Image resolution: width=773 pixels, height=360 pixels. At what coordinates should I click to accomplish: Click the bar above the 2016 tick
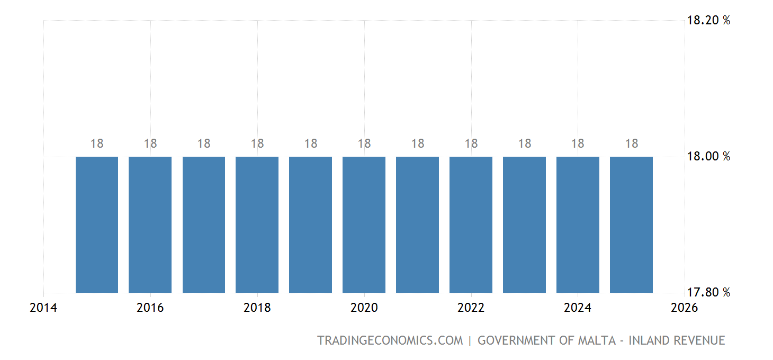[x=150, y=224]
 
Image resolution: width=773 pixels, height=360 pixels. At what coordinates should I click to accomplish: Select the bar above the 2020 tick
[x=364, y=224]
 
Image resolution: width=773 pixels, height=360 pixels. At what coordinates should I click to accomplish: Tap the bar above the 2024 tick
[x=578, y=224]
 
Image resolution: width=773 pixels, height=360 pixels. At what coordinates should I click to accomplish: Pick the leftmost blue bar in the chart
[x=97, y=224]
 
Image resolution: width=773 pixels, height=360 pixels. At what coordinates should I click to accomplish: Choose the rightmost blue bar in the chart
[x=631, y=224]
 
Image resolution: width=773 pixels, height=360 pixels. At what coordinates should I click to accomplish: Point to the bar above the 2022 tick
[x=471, y=224]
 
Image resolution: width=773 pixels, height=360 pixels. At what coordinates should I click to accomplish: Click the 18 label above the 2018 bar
[x=257, y=143]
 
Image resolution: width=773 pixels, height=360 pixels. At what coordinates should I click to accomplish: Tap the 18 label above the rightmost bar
[x=631, y=143]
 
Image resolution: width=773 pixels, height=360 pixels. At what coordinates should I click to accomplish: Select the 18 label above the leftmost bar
[x=97, y=143]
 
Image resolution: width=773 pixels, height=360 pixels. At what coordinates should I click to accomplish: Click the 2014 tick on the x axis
[x=43, y=308]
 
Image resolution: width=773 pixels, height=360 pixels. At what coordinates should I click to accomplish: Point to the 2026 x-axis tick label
[x=684, y=308]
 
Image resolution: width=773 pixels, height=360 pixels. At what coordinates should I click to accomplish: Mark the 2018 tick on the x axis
[x=257, y=308]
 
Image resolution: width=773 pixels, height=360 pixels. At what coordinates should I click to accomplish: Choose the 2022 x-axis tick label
[x=471, y=308]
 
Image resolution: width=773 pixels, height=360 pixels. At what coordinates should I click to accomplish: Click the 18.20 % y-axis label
[x=708, y=21]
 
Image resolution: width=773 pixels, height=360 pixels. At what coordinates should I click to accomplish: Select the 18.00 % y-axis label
[x=708, y=156]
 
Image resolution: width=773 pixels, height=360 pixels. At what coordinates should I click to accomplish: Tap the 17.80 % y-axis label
[x=708, y=292]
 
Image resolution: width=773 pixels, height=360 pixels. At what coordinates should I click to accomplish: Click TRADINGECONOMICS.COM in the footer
[x=390, y=340]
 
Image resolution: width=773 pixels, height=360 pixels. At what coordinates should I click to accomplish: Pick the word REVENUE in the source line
[x=699, y=340]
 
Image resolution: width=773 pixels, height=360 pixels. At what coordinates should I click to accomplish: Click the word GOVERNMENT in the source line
[x=517, y=340]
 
